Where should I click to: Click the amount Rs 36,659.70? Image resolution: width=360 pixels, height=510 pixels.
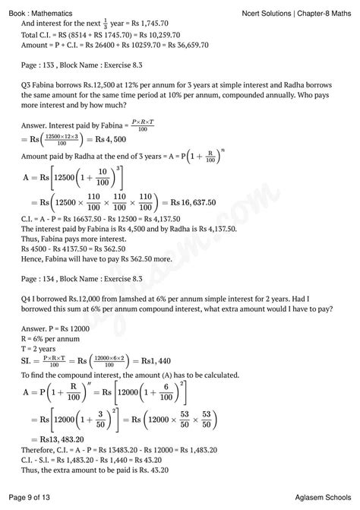[163, 45]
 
